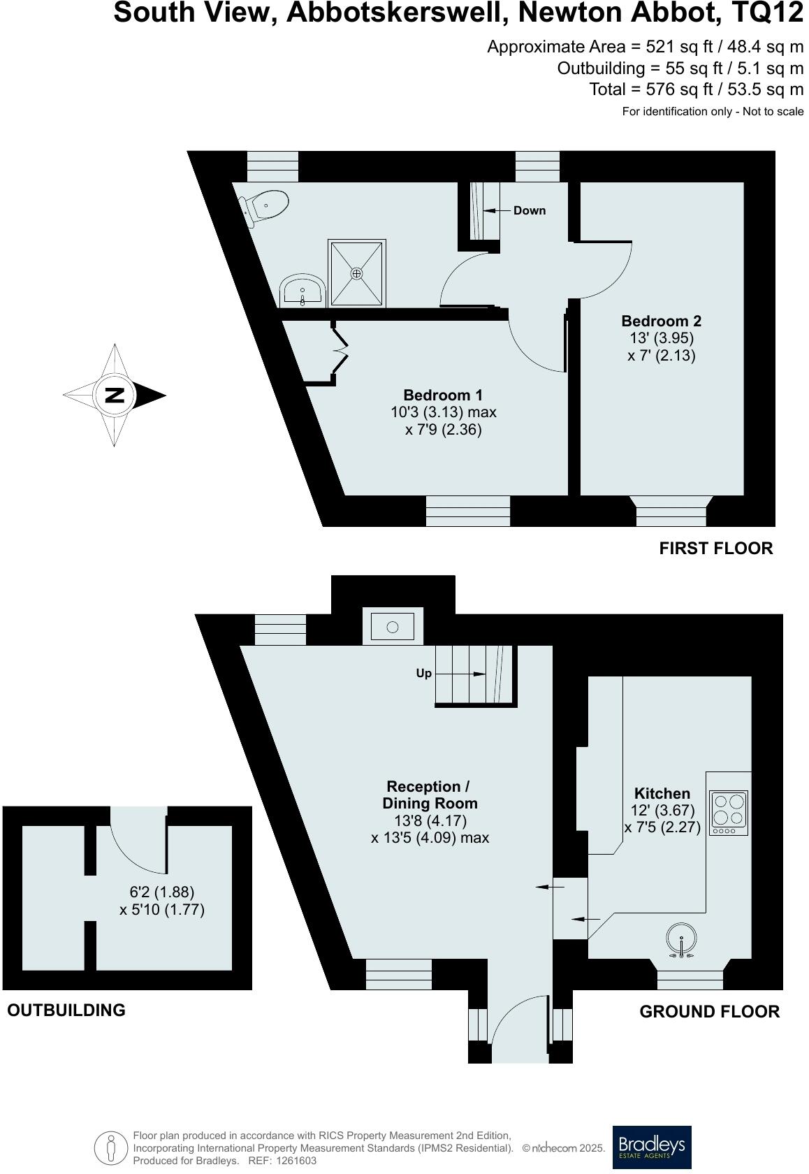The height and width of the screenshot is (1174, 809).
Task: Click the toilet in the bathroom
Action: [x=265, y=205]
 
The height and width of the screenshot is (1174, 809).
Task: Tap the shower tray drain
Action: [x=357, y=273]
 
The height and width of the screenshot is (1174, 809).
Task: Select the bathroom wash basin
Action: [x=302, y=291]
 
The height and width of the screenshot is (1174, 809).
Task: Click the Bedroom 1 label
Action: [x=443, y=396]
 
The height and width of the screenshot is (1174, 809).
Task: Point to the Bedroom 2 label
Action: [x=661, y=321]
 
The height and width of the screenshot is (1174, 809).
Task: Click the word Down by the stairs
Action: [x=529, y=210]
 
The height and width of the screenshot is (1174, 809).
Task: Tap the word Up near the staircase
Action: [x=423, y=674]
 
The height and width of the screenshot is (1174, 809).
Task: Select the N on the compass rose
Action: [x=114, y=396]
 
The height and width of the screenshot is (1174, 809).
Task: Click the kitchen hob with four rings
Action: [x=728, y=813]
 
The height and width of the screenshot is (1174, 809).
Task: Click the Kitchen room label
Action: [x=662, y=794]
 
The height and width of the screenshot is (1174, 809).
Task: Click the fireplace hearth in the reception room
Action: [x=393, y=626]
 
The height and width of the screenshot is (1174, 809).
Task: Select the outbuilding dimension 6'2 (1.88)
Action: [x=162, y=892]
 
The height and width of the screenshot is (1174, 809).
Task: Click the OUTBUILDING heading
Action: [x=66, y=1010]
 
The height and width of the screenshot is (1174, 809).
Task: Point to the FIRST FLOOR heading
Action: [x=715, y=549]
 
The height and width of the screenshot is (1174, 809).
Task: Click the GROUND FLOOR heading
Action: [x=709, y=1012]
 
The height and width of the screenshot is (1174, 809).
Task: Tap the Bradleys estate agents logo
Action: [x=651, y=1147]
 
